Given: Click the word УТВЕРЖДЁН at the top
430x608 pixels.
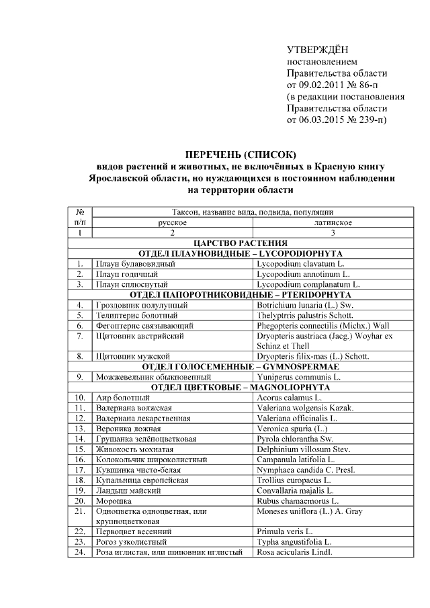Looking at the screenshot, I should [318, 50].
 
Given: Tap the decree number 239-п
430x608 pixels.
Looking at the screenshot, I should [368, 120].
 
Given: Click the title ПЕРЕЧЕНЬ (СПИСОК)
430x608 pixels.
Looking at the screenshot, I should [240, 155].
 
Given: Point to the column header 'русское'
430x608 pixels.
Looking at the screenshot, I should [172, 222].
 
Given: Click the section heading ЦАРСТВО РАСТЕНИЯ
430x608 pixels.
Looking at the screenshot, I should [240, 243].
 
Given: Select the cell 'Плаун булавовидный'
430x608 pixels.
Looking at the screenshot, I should [135, 264].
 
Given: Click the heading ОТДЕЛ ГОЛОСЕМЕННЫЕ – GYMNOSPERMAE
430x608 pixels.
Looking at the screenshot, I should [240, 367].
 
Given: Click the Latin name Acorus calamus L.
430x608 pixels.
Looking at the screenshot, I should [286, 398].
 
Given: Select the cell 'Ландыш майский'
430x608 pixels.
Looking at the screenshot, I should [128, 490].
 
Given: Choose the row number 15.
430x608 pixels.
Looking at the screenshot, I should [80, 449].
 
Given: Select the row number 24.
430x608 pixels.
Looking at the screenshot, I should [80, 553].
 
